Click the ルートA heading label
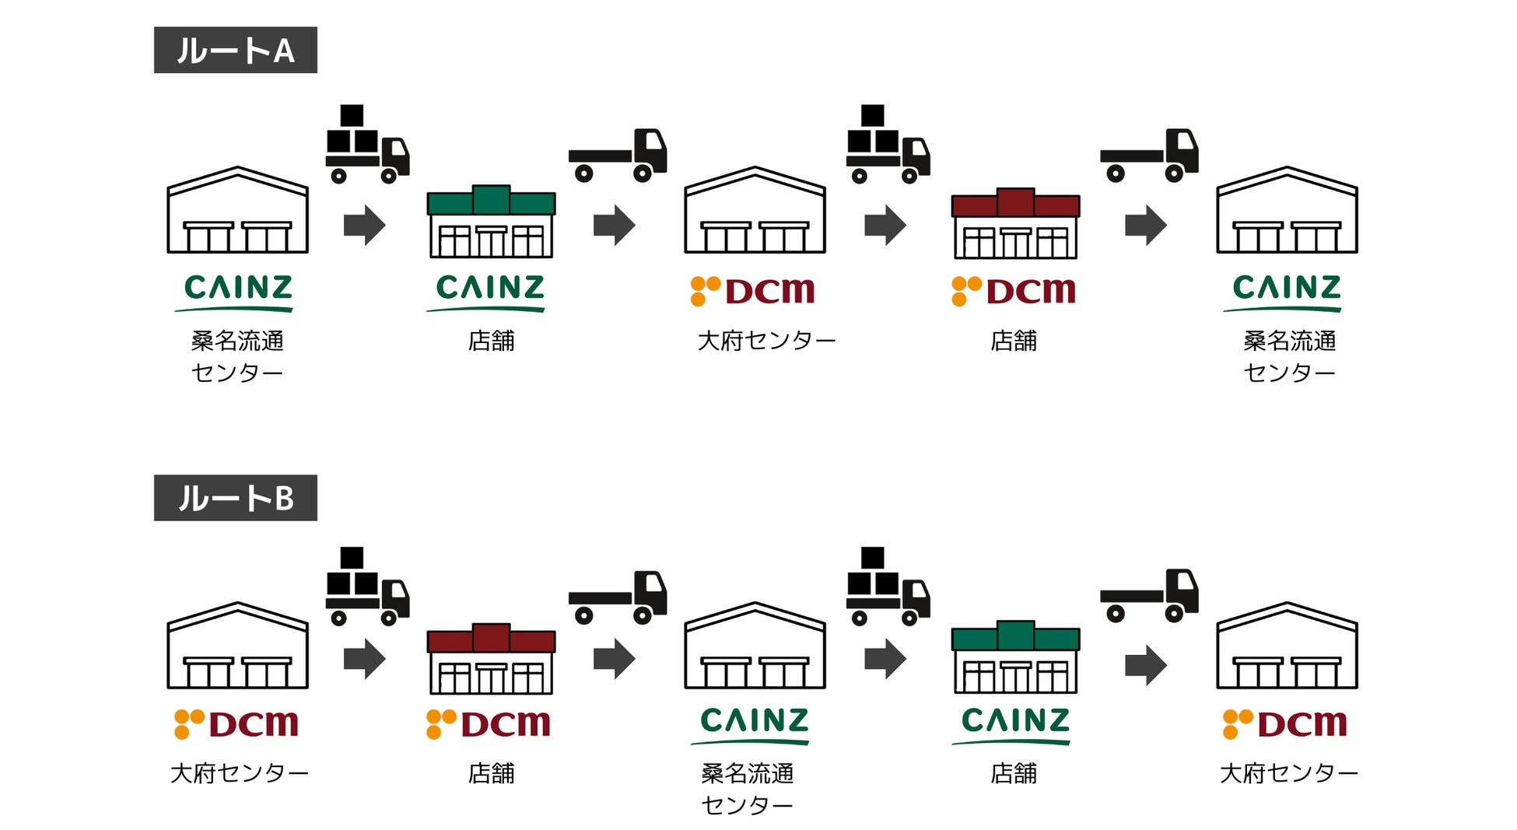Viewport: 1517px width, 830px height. [235, 51]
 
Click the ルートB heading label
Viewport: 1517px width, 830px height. [235, 498]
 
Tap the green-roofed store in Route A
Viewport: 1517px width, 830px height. [491, 222]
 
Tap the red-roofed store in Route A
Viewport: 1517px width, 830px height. [1015, 223]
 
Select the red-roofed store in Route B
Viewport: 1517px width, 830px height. [491, 659]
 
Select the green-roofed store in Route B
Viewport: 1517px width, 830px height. [1015, 657]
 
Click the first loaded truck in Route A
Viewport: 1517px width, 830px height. [366, 145]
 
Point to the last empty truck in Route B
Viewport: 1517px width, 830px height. [1149, 597]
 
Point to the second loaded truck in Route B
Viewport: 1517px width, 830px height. [888, 587]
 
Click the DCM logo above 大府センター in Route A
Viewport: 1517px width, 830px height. [752, 291]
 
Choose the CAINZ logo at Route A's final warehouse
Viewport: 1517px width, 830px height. [1287, 291]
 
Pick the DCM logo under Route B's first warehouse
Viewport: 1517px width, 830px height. [236, 723]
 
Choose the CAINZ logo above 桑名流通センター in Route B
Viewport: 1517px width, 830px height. [754, 723]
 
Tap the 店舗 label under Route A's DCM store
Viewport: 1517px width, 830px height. [1014, 341]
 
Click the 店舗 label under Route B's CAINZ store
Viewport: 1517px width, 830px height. [1014, 773]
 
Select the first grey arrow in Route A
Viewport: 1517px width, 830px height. [364, 226]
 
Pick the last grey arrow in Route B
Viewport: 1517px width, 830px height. [1146, 665]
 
